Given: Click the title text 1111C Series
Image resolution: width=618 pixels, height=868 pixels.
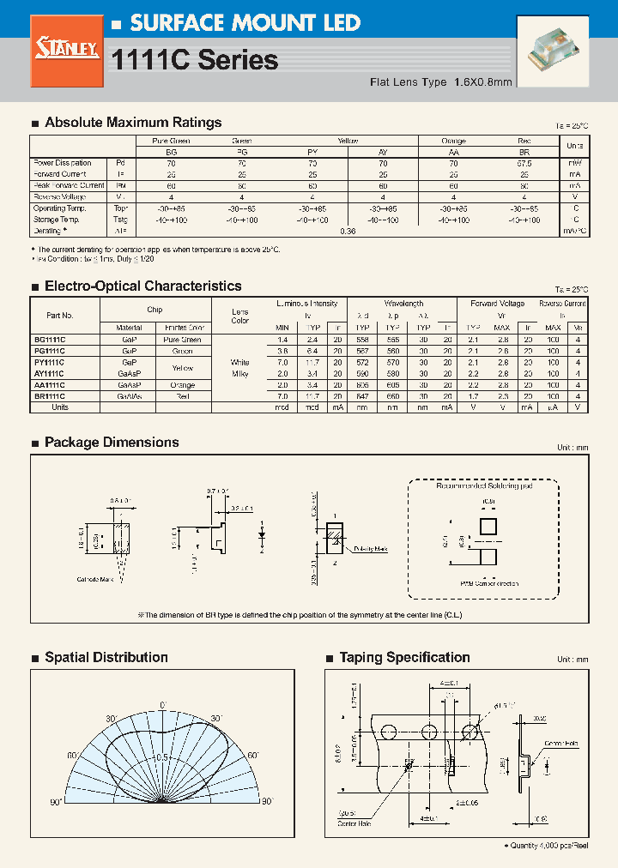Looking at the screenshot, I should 196,60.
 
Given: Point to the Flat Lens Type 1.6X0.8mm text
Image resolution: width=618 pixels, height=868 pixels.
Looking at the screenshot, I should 440,82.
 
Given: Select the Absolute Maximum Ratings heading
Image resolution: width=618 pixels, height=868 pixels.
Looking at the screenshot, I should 132,123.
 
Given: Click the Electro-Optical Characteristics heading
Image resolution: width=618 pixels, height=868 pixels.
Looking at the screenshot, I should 142,286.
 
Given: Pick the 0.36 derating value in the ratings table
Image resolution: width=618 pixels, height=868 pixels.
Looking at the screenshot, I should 348,231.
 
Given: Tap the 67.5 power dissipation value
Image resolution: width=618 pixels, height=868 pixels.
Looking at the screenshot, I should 524,162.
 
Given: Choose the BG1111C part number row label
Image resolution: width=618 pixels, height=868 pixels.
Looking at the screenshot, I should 50,340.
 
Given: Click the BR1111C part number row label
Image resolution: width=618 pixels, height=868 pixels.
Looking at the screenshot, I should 50,396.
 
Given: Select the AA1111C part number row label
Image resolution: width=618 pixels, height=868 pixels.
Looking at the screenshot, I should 50,385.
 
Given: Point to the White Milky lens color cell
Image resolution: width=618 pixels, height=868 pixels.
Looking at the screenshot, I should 240,368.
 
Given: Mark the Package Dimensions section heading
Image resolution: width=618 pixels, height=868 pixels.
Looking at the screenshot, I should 112,443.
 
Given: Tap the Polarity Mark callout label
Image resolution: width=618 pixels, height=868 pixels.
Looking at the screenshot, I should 370,549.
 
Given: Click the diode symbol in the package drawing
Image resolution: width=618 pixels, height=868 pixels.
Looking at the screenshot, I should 262,534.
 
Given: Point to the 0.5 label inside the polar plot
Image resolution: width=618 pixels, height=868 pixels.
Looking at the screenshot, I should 161,733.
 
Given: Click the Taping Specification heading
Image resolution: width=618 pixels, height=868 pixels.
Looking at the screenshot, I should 404,658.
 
